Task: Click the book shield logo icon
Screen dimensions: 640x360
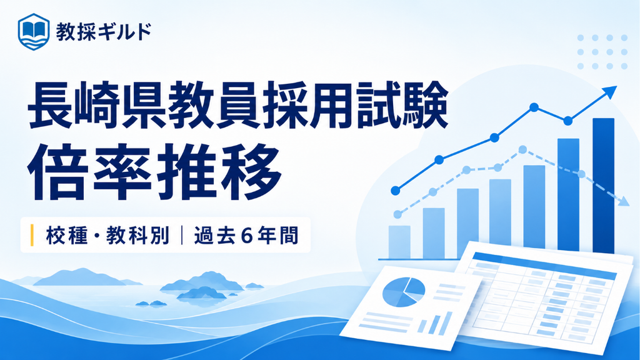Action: pos(34,31)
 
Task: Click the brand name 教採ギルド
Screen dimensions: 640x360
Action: pos(104,31)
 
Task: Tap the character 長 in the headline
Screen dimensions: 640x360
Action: pos(50,105)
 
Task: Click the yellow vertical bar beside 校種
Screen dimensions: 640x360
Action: pos(32,236)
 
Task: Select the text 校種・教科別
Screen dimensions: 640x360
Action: pos(107,236)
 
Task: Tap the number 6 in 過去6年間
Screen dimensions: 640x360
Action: pos(246,236)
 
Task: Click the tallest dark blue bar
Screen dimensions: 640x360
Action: pos(603,186)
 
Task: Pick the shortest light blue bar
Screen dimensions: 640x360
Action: pos(399,242)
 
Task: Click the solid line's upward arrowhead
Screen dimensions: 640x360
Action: pos(610,92)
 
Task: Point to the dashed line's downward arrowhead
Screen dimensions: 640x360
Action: pos(623,201)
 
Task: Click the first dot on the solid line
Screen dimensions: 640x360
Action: pos(395,191)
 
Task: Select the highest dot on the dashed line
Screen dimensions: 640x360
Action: pos(522,149)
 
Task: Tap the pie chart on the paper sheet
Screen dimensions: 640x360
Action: pos(404,292)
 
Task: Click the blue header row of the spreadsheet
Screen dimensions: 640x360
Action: pos(544,266)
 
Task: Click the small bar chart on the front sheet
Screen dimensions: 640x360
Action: pos(436,322)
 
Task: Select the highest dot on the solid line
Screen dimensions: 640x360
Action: pos(534,107)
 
